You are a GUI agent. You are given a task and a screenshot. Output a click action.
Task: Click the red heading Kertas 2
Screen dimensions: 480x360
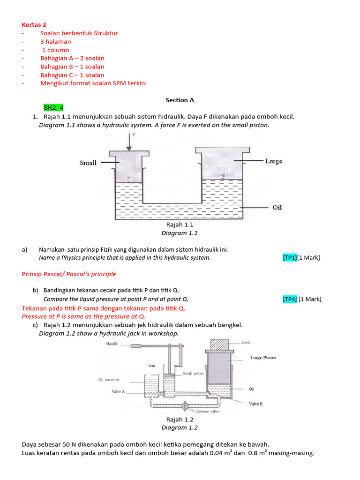pos(34,24)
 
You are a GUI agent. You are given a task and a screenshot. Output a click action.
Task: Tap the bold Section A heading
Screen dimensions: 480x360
pos(180,100)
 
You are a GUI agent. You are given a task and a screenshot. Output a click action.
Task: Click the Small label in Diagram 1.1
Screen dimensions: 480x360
pos(88,163)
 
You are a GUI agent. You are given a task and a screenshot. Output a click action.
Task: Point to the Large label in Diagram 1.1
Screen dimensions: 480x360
pos(274,161)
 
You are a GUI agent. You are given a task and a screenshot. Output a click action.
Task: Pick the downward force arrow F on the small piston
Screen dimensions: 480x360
pos(128,142)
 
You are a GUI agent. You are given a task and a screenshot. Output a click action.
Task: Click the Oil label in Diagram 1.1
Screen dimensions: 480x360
pos(277,207)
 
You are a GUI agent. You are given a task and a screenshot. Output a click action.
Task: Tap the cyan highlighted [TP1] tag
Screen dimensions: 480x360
pos(290,258)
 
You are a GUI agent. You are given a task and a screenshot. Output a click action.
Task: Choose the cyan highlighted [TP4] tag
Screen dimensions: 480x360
pos(290,299)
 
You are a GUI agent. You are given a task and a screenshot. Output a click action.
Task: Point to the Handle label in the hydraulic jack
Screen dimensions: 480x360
pos(112,344)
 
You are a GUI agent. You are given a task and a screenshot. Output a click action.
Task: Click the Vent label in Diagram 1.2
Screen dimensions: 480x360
pos(151,365)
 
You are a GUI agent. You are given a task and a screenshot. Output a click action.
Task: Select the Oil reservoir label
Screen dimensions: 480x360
pos(109,379)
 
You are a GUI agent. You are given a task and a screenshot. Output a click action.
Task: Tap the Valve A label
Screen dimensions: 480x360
pos(118,391)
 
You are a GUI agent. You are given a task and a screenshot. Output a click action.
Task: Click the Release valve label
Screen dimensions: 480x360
pos(209,411)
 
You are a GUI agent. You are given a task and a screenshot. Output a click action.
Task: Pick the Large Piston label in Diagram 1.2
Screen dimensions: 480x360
pos(262,358)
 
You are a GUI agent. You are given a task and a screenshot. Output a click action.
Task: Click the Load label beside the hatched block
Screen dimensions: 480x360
pos(246,343)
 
